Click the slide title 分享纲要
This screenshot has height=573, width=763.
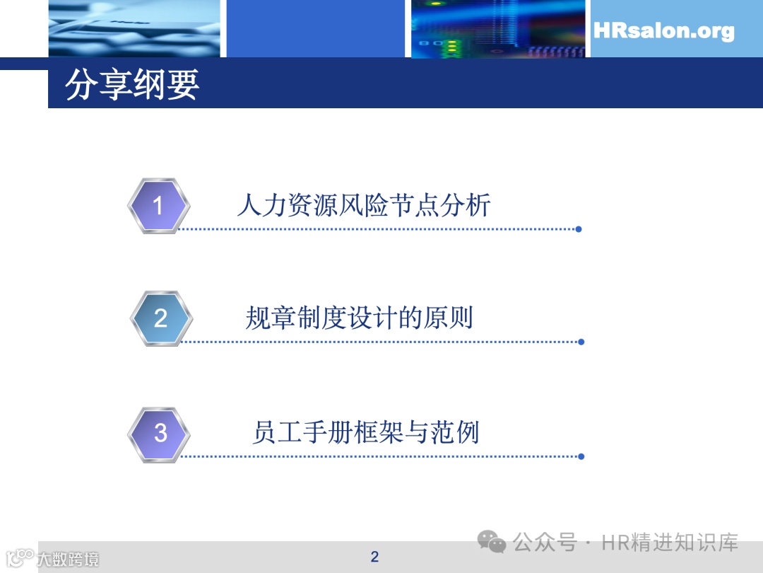[132, 85]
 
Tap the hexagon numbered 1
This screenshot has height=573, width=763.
[158, 206]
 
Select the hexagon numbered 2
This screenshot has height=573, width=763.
[161, 318]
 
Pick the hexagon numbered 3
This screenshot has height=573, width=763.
[160, 433]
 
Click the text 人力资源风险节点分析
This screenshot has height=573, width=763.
[364, 205]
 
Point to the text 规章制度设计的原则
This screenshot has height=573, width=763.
[359, 318]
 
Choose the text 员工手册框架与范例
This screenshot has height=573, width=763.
[365, 432]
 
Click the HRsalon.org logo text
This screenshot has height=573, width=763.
[663, 30]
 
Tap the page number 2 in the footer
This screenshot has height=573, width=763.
[374, 557]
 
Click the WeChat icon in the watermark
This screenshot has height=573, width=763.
[492, 543]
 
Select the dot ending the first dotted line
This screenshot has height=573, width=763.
[579, 229]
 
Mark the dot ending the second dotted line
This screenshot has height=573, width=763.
[581, 342]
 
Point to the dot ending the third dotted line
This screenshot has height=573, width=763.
[581, 456]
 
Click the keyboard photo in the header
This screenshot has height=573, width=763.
[134, 28]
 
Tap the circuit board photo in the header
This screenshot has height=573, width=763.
[498, 28]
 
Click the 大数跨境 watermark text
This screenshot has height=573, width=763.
[68, 559]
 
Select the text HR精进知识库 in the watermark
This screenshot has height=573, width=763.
[670, 543]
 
